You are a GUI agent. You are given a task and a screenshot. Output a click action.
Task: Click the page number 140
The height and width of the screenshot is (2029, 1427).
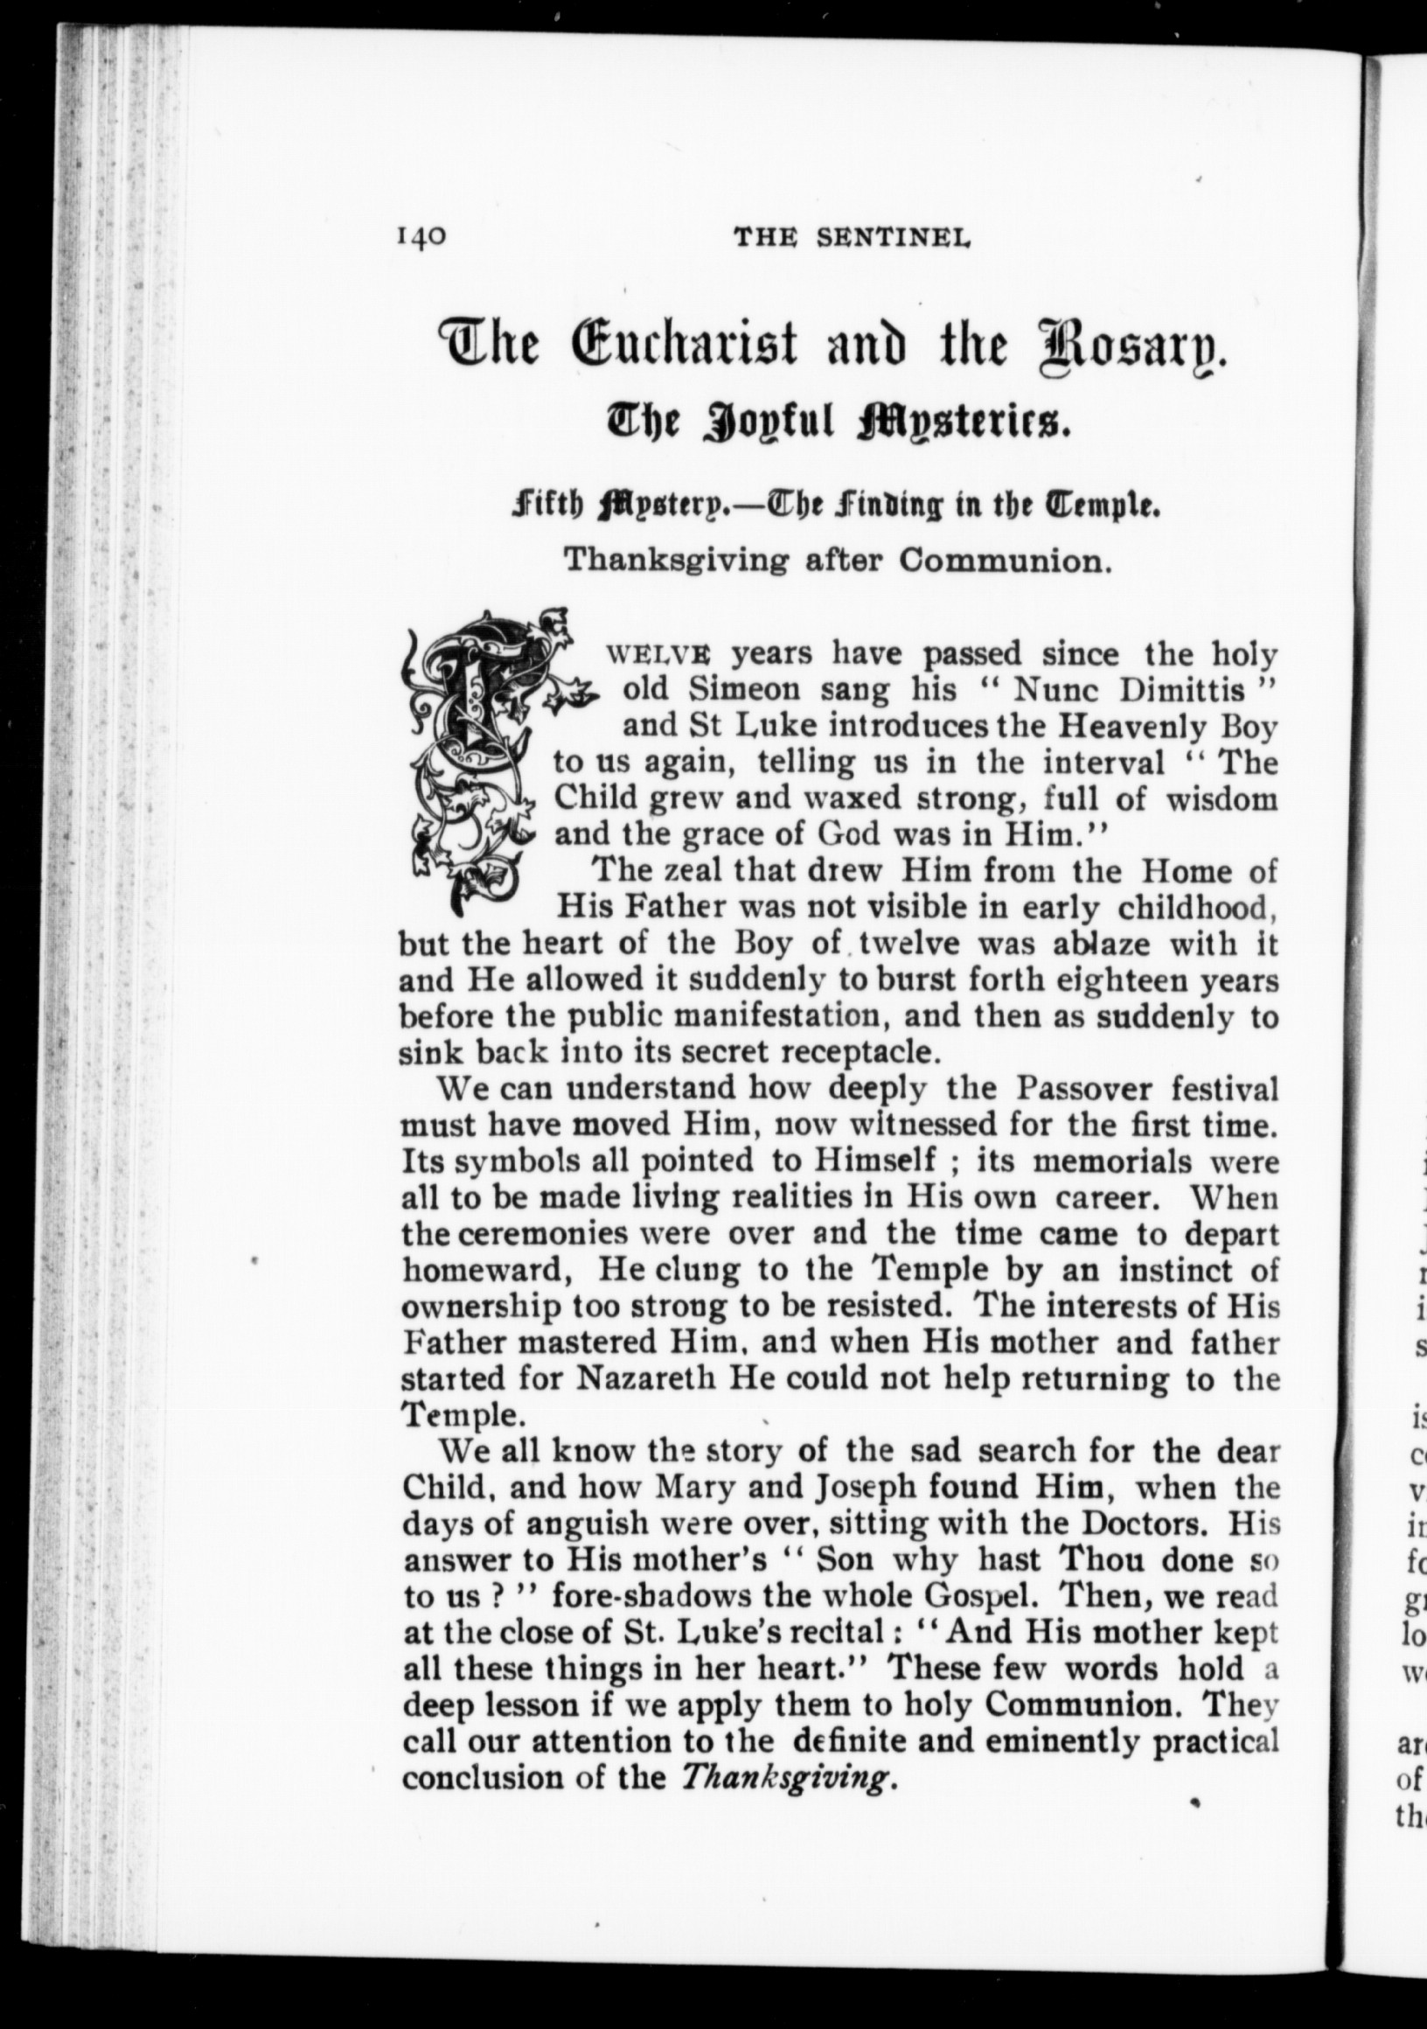tap(422, 238)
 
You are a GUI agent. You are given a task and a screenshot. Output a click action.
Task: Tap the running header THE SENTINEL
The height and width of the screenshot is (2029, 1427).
tap(852, 238)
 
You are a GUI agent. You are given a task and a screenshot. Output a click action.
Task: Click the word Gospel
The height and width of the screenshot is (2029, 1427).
tap(985, 1596)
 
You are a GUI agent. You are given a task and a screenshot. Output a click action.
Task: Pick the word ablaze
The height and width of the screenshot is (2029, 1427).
tap(1101, 944)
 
